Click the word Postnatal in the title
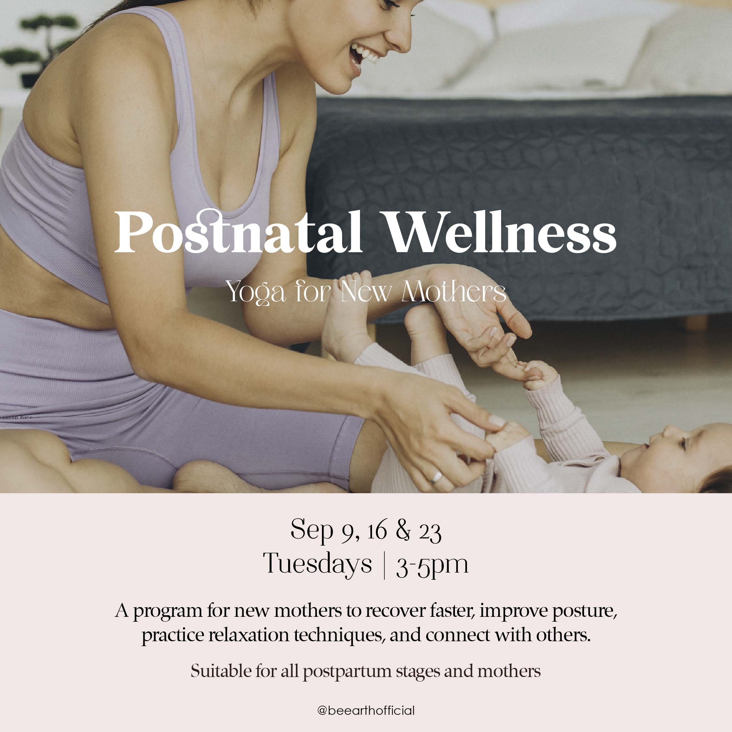[x=239, y=232]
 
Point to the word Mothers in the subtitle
[x=454, y=292]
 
